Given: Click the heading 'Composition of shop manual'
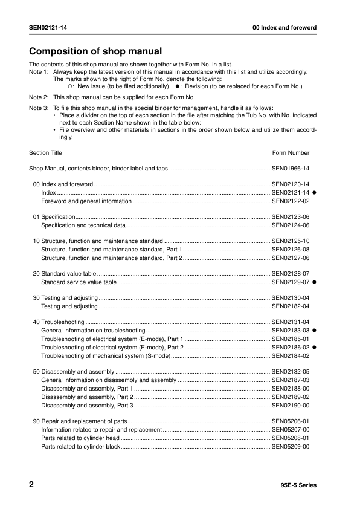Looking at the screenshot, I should pos(95,51).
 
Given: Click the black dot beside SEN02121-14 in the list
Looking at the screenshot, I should pos(315,192).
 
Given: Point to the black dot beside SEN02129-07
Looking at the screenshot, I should pos(315,282).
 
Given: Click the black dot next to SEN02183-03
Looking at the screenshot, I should pos(315,331).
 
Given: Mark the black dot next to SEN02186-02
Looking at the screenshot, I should pos(315,348).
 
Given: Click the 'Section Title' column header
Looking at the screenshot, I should pos(45,153).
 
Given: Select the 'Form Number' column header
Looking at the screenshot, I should pos(291,153).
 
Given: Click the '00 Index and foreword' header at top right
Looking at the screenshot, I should pos(284,28).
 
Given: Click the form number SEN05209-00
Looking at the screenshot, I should pos(291,446).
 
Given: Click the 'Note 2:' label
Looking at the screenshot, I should pos(39,97).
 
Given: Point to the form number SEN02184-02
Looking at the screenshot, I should pos(291,356).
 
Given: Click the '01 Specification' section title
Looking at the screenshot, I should pos(54,216).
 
